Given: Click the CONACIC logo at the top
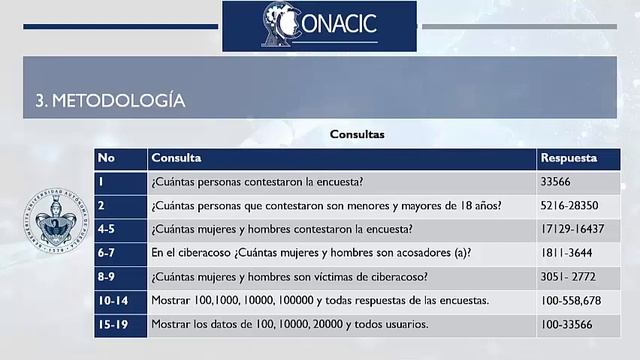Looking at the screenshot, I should pyautogui.click(x=319, y=25).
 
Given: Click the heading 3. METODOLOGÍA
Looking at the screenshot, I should pyautogui.click(x=110, y=101).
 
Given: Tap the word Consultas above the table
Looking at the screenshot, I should pyautogui.click(x=357, y=133).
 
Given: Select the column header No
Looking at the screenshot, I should pyautogui.click(x=107, y=158).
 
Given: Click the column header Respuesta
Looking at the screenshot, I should pyautogui.click(x=568, y=158).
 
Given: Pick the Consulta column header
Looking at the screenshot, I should pyautogui.click(x=177, y=158).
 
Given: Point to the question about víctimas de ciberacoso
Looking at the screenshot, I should pyautogui.click(x=290, y=277).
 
